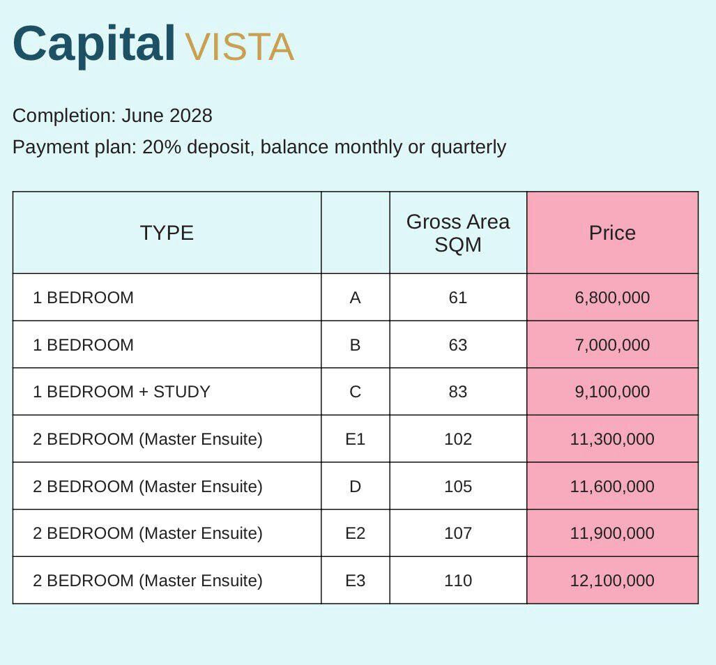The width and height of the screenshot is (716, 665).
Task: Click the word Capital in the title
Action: pyautogui.click(x=93, y=45)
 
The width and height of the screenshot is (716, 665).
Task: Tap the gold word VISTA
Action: pyautogui.click(x=240, y=47)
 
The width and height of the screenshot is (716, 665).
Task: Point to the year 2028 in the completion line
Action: pyautogui.click(x=190, y=116)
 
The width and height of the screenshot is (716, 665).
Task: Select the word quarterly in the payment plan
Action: pyautogui.click(x=468, y=148)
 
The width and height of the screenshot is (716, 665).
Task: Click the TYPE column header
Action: pyautogui.click(x=167, y=233)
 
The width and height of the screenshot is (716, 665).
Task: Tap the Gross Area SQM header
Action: pyautogui.click(x=458, y=233)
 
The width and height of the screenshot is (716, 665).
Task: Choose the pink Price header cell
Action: pyautogui.click(x=612, y=233)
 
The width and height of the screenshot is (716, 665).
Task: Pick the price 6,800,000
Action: pyautogui.click(x=612, y=298)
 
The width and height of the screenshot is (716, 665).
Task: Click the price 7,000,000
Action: pyautogui.click(x=612, y=344)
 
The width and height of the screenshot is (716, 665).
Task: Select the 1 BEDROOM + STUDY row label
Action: pyautogui.click(x=121, y=392)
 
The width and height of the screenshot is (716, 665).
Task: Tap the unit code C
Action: pyautogui.click(x=356, y=392)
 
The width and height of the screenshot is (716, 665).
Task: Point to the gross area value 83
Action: pyautogui.click(x=458, y=392)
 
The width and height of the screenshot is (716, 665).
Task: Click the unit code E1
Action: pyautogui.click(x=356, y=439)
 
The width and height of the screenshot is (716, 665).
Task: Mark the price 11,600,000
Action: pyautogui.click(x=612, y=486)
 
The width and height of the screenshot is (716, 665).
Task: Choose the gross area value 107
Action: pyautogui.click(x=458, y=533)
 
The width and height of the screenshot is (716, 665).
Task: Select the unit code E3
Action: pyautogui.click(x=356, y=581)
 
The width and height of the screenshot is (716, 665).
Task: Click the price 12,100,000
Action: pyautogui.click(x=612, y=581)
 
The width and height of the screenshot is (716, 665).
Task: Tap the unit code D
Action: pyautogui.click(x=356, y=486)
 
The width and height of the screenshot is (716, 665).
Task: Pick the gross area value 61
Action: pyautogui.click(x=458, y=298)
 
